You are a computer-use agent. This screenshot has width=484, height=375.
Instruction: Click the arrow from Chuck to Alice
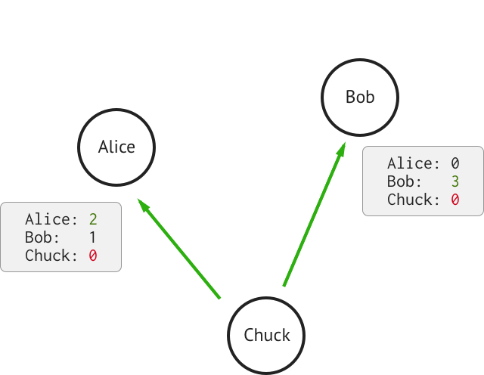point(178,249)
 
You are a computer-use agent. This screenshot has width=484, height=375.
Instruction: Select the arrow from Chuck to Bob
point(315,214)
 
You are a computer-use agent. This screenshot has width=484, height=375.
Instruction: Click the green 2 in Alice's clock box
point(93,219)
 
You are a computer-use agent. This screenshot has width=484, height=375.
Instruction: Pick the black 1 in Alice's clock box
point(92,237)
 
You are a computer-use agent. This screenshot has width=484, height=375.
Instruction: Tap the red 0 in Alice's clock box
point(93,256)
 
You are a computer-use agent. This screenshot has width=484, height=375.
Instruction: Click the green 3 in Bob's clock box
point(455,181)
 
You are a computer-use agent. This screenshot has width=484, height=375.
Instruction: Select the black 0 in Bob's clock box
point(455,163)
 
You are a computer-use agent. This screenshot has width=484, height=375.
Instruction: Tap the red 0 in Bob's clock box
point(455,200)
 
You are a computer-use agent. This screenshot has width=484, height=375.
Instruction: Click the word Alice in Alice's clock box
point(48,219)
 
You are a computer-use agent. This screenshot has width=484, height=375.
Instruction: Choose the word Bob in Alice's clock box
point(39,237)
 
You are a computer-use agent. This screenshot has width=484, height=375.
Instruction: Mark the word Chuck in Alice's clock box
point(48,256)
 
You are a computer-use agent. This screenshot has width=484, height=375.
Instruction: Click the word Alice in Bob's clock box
point(410,163)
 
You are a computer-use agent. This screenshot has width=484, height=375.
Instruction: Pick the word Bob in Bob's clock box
point(400,181)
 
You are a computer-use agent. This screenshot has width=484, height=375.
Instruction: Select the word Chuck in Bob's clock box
point(410,200)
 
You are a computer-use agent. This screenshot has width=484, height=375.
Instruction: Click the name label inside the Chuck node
point(267,335)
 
